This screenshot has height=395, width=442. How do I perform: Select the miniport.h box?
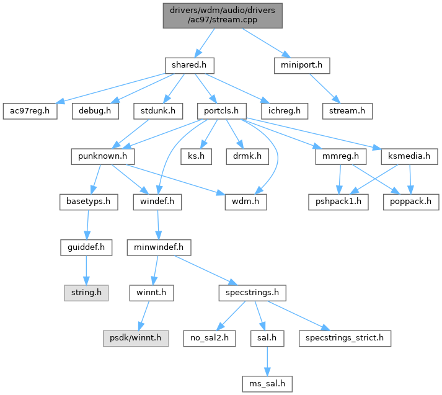pyautogui.click(x=302, y=64)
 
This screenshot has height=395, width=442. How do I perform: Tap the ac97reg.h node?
pyautogui.click(x=29, y=111)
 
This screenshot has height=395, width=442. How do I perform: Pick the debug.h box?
pyautogui.click(x=95, y=111)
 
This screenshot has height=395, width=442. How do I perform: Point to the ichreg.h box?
pyautogui.click(x=285, y=111)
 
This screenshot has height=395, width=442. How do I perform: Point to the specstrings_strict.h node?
pyautogui.click(x=345, y=338)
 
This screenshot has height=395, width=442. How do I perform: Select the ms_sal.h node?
pyautogui.click(x=267, y=384)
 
